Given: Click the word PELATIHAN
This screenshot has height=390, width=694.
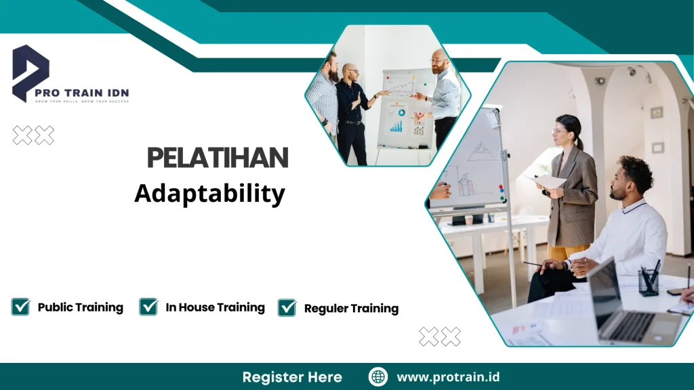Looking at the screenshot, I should (218, 158).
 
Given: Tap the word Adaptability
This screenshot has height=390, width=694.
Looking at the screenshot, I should (209, 194).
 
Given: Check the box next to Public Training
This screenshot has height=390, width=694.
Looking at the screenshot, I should (21, 307).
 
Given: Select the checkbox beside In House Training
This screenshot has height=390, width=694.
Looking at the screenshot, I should (148, 307).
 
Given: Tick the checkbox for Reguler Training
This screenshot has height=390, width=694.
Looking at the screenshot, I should (287, 308).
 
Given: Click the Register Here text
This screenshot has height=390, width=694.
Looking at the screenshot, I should (292, 377).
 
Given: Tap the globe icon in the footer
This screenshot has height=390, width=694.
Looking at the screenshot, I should (378, 377).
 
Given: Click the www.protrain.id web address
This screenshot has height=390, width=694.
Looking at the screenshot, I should (448, 377).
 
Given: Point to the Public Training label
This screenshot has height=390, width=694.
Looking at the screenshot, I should (80, 307).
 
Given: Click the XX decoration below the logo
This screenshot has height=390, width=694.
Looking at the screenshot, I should (33, 136).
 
